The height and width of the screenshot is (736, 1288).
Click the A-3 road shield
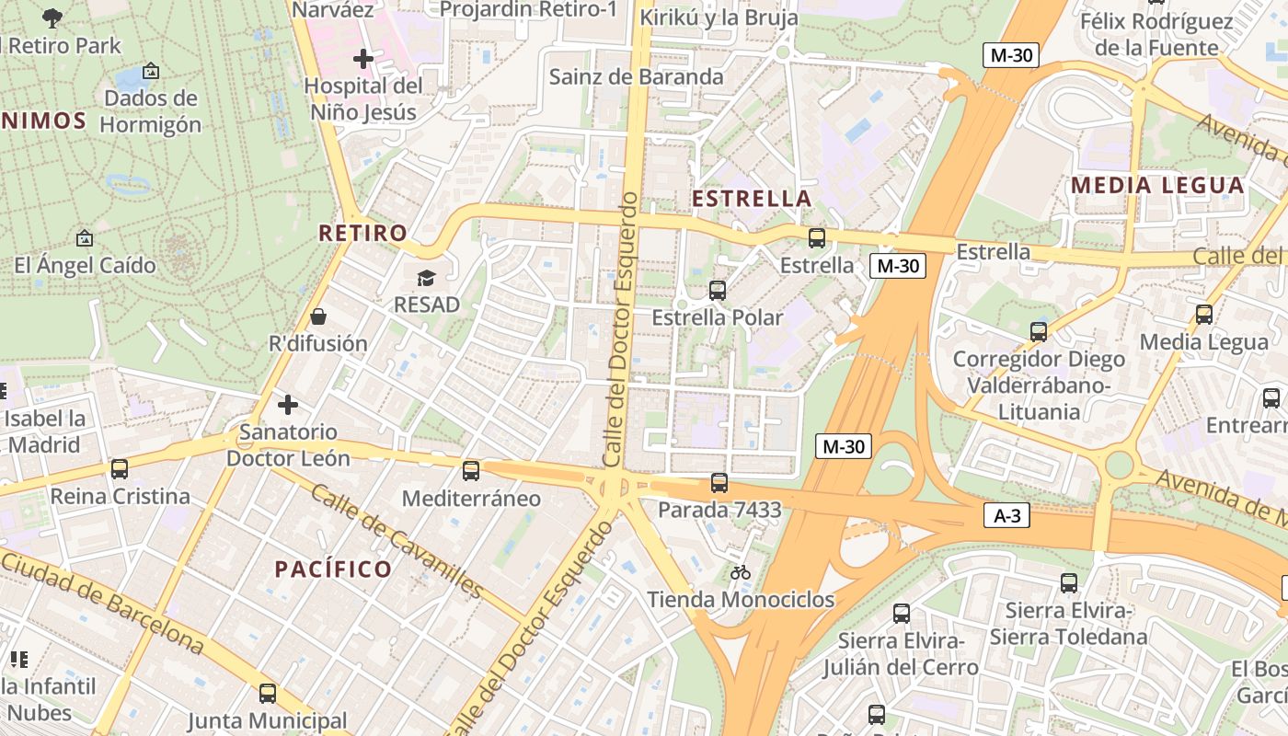[1007, 515]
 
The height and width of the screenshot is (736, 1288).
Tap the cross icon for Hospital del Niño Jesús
[363, 59]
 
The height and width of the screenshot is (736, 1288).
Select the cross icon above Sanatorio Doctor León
[288, 404]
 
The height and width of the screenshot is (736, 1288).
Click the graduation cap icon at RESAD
[426, 278]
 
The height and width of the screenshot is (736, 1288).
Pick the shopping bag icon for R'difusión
[317, 316]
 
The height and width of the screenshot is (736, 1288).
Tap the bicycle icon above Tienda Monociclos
[741, 572]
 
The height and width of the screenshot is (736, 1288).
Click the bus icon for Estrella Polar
[718, 291]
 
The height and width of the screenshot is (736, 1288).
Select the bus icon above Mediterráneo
[471, 471]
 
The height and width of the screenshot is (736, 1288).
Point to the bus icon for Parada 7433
[719, 482]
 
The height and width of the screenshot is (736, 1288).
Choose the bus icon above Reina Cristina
[120, 469]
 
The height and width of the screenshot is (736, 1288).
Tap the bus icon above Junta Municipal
[268, 693]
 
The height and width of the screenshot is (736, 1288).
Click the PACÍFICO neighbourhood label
[334, 569]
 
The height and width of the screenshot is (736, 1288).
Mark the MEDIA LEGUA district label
[1157, 185]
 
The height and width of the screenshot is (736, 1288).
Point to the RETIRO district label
[362, 233]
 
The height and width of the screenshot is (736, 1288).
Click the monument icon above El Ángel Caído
[84, 238]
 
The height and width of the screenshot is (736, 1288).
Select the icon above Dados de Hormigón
[151, 71]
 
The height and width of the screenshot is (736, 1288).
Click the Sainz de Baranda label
[636, 76]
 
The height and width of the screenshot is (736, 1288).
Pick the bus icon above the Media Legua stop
[1204, 315]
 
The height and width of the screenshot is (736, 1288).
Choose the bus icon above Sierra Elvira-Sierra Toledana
[1068, 582]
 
